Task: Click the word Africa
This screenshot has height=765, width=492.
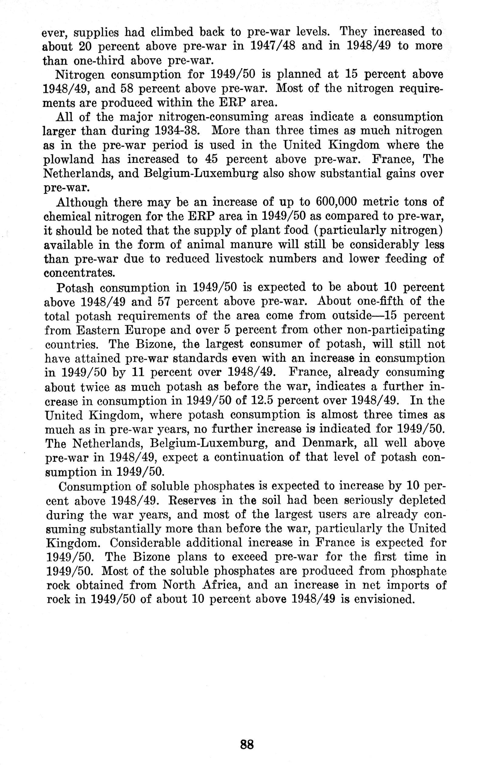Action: coord(222,585)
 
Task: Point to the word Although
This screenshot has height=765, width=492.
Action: coord(82,202)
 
